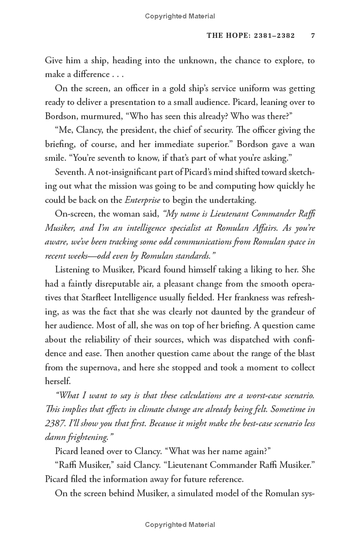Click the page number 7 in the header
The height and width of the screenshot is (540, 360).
[x=312, y=36]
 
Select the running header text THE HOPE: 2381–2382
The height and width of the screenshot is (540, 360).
[x=251, y=36]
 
